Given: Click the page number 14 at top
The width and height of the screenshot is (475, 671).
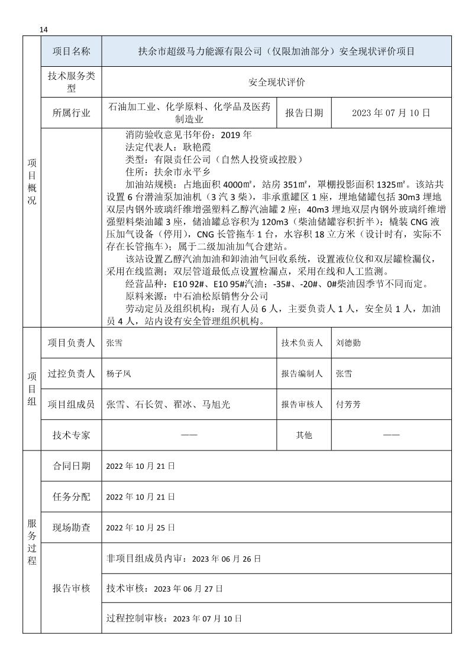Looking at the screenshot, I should click(x=44, y=30).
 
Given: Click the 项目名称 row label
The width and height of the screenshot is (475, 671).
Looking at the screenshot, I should click(x=72, y=51).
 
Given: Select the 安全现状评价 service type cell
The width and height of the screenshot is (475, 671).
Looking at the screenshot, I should click(x=276, y=82).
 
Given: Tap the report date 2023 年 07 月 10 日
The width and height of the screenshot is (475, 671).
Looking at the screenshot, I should click(x=390, y=112).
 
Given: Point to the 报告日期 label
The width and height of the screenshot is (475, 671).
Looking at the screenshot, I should click(x=304, y=112).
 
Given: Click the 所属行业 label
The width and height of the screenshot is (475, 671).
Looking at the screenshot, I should click(x=72, y=112).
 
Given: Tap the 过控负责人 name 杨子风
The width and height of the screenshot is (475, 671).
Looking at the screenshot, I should click(x=118, y=374).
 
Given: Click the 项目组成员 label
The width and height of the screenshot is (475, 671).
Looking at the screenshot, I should click(x=72, y=404).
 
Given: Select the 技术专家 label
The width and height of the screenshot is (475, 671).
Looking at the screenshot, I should click(x=72, y=435).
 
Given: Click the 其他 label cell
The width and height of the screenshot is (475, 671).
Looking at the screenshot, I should click(x=304, y=435).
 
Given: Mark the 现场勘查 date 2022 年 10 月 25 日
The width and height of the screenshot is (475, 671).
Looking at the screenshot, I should click(x=141, y=527).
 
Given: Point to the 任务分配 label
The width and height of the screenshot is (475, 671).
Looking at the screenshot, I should click(x=72, y=497).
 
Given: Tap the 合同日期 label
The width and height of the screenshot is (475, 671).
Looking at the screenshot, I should click(x=72, y=466).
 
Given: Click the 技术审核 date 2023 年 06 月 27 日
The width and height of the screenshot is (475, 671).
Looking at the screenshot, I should click(x=188, y=589).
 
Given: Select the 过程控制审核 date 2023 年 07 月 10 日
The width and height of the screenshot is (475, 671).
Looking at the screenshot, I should click(x=207, y=618).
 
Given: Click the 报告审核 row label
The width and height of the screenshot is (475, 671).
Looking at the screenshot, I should click(x=72, y=588).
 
